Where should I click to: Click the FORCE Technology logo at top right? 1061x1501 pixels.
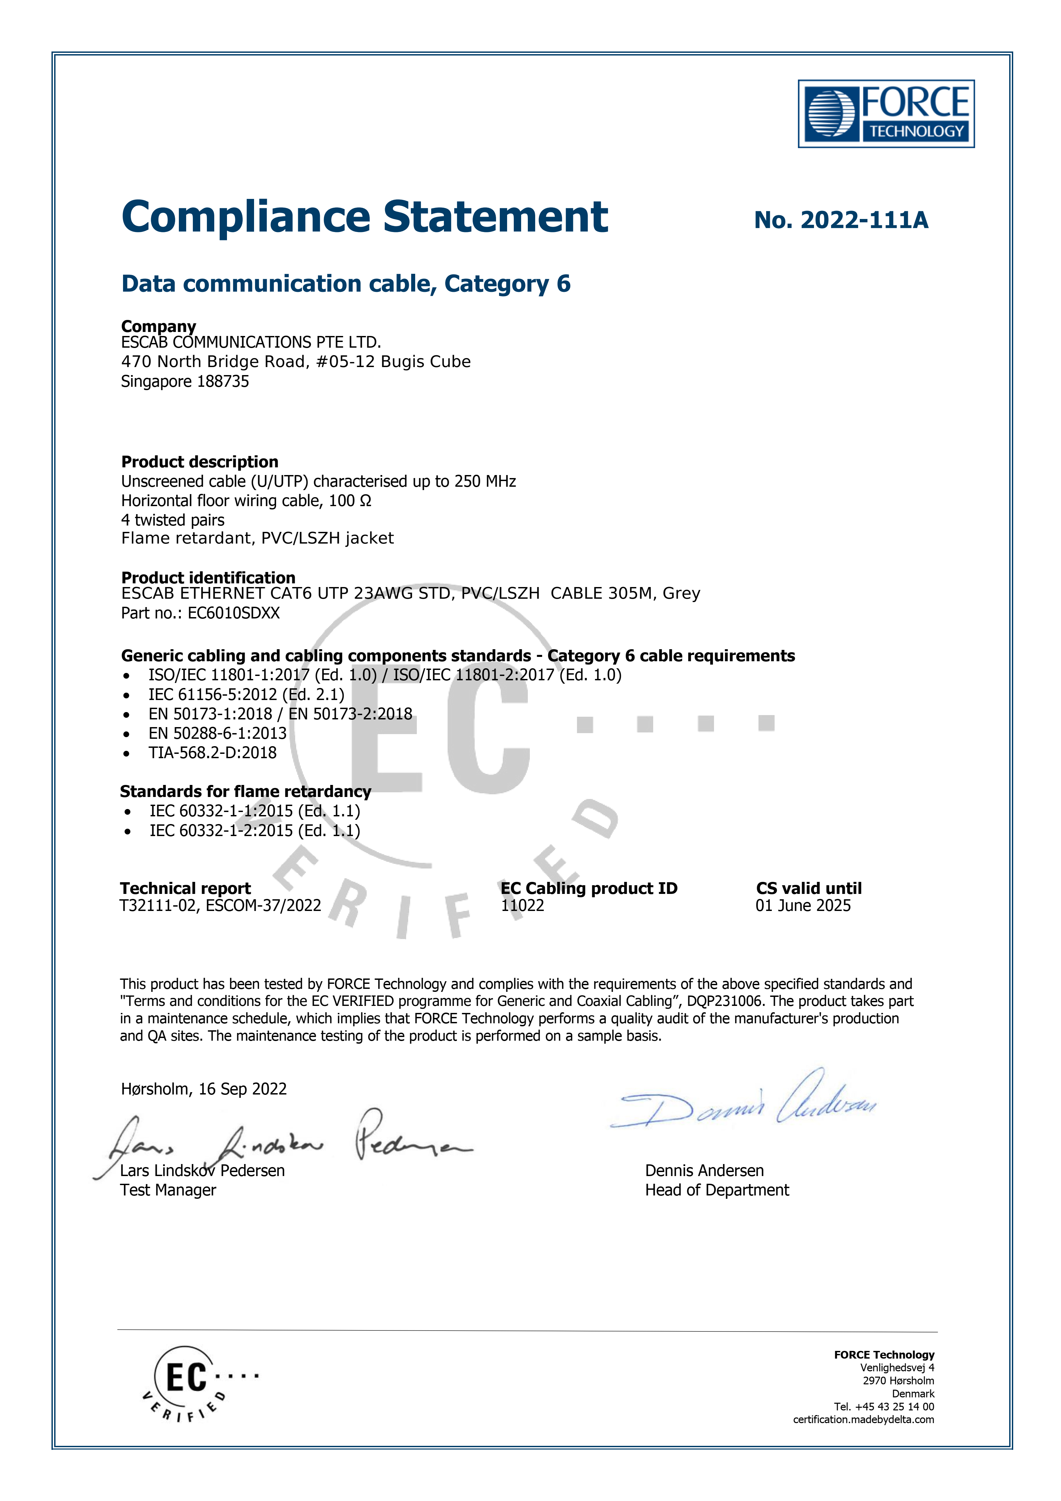(x=886, y=114)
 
